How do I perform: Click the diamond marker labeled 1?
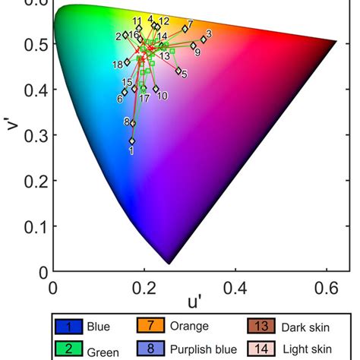pos(131,141)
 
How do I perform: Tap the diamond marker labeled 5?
pos(178,71)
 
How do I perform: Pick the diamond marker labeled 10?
pos(156,89)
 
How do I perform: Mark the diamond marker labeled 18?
pos(127,65)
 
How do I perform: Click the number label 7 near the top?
pos(190,24)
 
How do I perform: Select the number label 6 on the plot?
pos(119,98)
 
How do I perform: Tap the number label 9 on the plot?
pos(197,53)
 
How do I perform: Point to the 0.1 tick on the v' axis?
pos(33,227)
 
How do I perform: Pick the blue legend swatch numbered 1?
pos(68,327)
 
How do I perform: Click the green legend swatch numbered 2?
pos(68,349)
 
